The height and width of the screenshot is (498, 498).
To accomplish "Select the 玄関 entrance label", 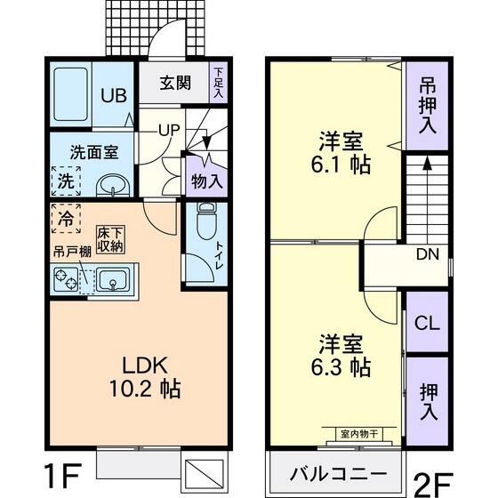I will point(175,84).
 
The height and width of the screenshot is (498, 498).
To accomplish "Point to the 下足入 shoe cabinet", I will point(219,84).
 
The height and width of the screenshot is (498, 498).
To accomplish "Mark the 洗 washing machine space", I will point(65,181).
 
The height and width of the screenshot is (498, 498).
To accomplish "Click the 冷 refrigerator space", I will point(65,218).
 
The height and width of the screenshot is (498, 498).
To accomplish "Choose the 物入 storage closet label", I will point(207,181).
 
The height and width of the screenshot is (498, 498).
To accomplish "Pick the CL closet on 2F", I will point(427,322).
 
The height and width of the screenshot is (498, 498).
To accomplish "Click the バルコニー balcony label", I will point(338,471).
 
